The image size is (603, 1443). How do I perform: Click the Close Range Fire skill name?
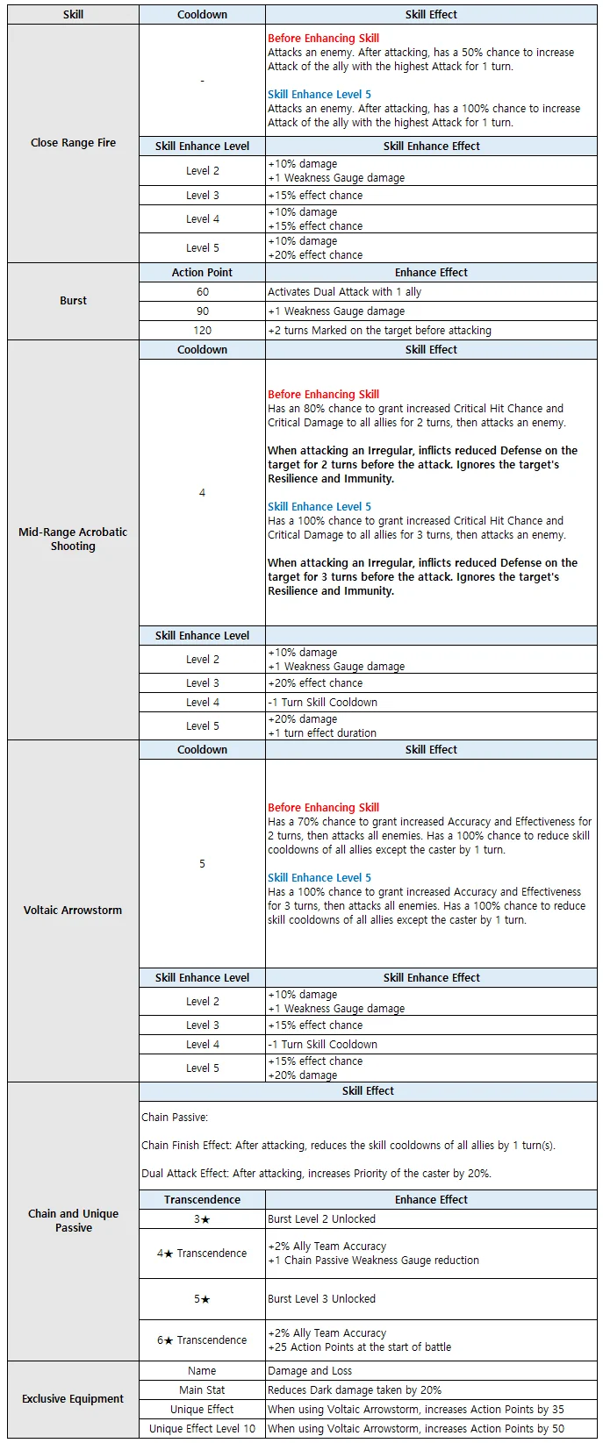73,143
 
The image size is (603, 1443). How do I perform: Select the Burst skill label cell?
73,301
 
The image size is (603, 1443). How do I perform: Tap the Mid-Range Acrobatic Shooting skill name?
73,539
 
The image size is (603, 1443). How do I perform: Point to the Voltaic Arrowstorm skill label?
73,911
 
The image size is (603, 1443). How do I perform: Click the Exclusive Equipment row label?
73,1399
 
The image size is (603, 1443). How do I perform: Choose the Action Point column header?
202,273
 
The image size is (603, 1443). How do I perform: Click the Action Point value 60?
202,292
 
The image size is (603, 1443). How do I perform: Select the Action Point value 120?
202,331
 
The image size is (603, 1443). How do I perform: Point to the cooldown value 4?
202,493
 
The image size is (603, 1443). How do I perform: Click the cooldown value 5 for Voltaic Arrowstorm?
202,864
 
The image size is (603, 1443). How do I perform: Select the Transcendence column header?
202,1200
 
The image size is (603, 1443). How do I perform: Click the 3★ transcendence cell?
202,1219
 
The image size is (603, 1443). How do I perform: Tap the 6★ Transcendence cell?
202,1340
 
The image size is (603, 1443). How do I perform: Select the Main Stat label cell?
202,1390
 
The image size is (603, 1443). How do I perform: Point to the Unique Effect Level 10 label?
202,1429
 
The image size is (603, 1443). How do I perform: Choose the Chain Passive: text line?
175,1118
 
